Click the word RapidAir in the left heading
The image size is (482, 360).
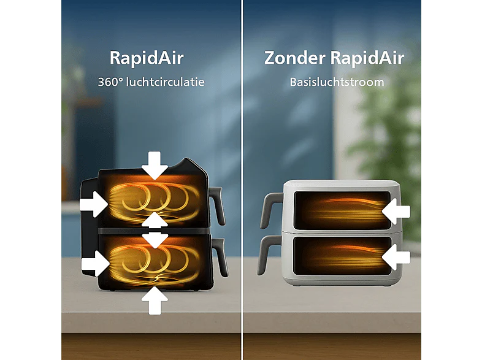[x=147, y=58]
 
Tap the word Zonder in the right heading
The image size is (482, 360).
[x=295, y=58]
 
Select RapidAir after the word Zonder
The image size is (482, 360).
[x=367, y=58]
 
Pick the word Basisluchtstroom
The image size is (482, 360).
[x=337, y=82]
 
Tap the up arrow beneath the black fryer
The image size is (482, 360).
[x=155, y=301]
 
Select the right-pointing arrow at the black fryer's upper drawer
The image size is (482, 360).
[x=94, y=204]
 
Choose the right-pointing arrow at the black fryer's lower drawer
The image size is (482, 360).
[x=96, y=264]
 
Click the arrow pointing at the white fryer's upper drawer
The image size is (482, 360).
[x=396, y=211]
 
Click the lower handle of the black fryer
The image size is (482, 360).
[x=220, y=257]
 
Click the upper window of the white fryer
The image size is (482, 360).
[x=342, y=210]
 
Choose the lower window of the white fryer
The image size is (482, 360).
[x=342, y=256]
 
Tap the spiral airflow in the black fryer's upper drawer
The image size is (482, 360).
[x=154, y=201]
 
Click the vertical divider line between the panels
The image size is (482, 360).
[x=242, y=180]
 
